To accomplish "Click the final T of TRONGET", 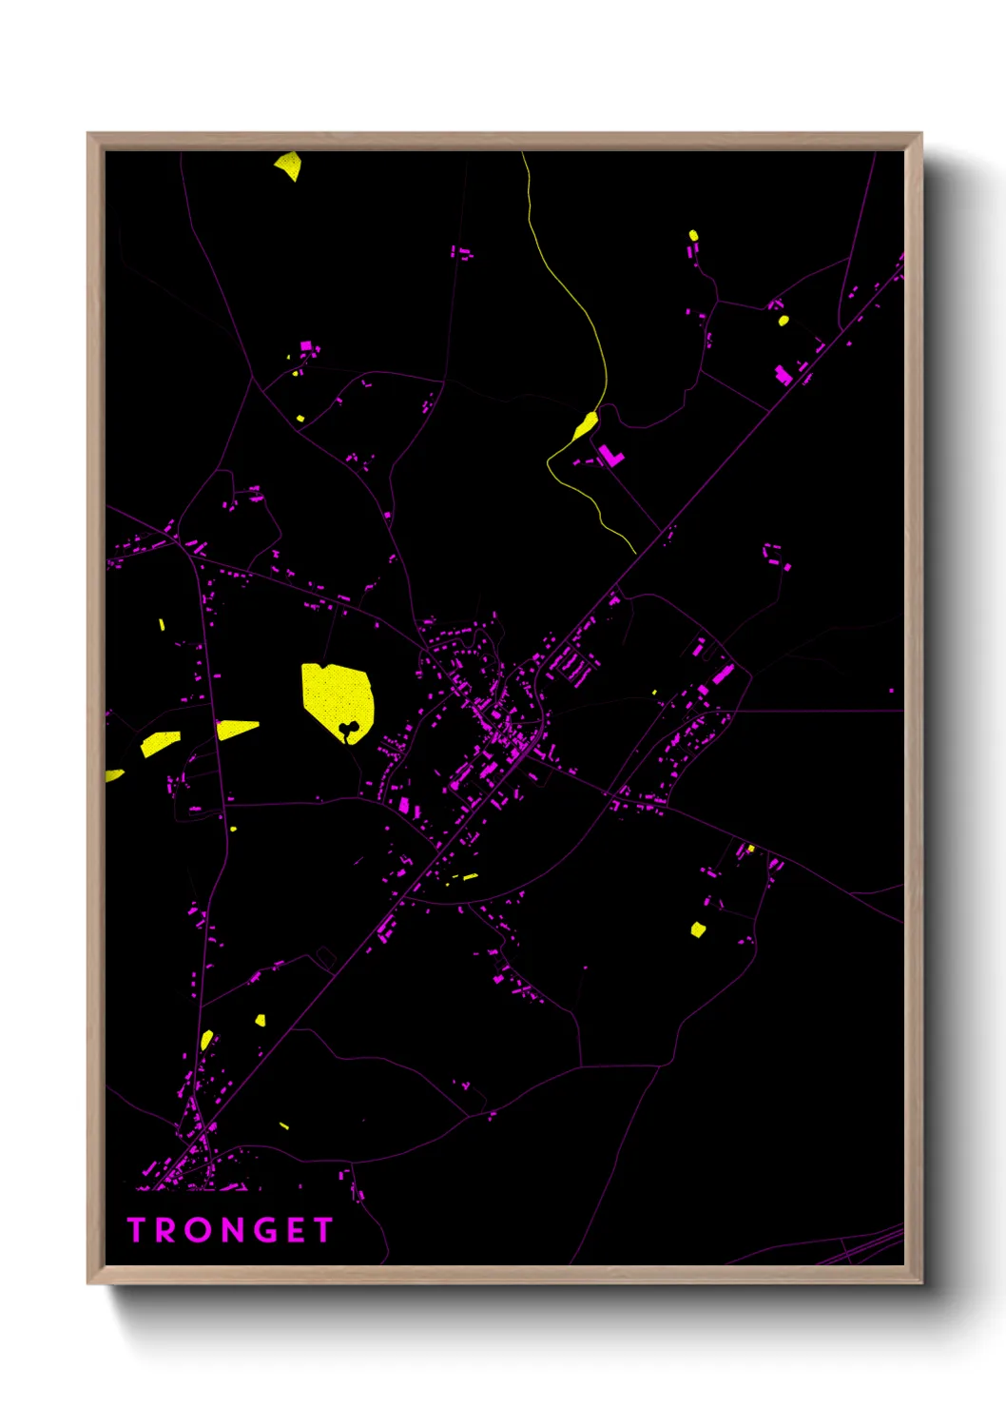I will [322, 1230].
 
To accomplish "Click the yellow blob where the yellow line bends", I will [586, 424].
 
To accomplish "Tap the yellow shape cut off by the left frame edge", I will [113, 775].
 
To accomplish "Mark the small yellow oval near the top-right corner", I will [693, 235].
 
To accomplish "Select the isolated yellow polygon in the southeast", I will [698, 929].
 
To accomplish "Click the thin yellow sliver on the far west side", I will [162, 625].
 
